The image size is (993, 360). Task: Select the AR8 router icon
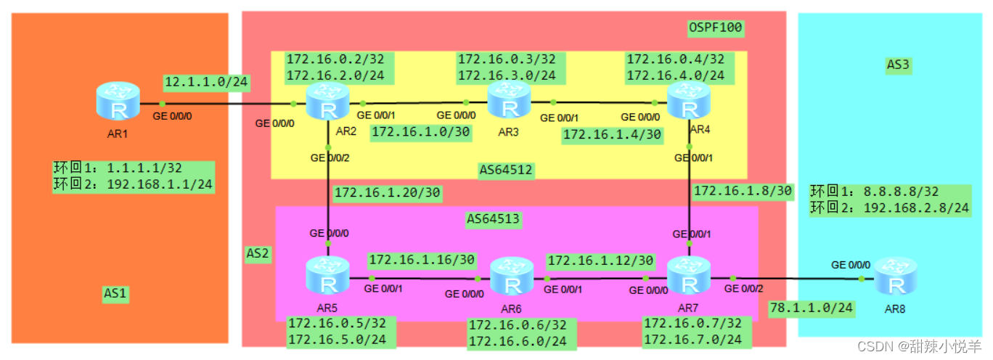(x=890, y=277)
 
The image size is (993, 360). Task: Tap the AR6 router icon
(x=512, y=277)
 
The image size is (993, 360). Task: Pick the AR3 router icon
(x=509, y=101)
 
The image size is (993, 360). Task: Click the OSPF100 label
(x=716, y=28)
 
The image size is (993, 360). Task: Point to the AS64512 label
(x=507, y=171)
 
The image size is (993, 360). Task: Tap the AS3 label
(x=898, y=65)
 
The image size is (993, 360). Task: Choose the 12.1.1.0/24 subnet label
(x=206, y=82)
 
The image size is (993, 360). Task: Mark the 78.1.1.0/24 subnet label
(x=811, y=308)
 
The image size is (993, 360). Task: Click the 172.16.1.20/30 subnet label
(x=386, y=193)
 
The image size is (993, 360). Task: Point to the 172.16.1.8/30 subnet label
(x=743, y=191)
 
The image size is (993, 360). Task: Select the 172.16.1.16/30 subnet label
(x=422, y=259)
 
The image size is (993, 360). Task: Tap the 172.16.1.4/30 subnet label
(x=612, y=134)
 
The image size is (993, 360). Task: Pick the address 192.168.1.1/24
(x=159, y=184)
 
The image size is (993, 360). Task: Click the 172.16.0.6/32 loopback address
(x=517, y=325)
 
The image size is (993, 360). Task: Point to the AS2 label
(x=258, y=254)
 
